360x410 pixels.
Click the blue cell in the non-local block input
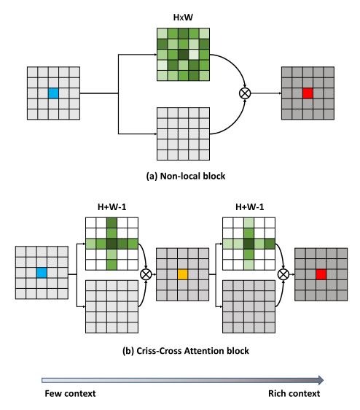pyautogui.click(x=52, y=93)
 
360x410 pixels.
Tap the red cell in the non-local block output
pyautogui.click(x=307, y=93)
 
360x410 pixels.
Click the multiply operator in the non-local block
pyautogui.click(x=245, y=93)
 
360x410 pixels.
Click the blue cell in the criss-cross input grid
pyautogui.click(x=42, y=273)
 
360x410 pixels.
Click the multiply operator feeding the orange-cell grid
pyautogui.click(x=145, y=274)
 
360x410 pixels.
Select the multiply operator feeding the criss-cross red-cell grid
pyautogui.click(x=283, y=274)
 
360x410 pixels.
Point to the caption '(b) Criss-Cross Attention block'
pyautogui.click(x=186, y=351)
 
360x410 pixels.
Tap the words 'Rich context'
pyautogui.click(x=294, y=394)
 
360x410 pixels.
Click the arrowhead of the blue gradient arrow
pyautogui.click(x=318, y=379)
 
